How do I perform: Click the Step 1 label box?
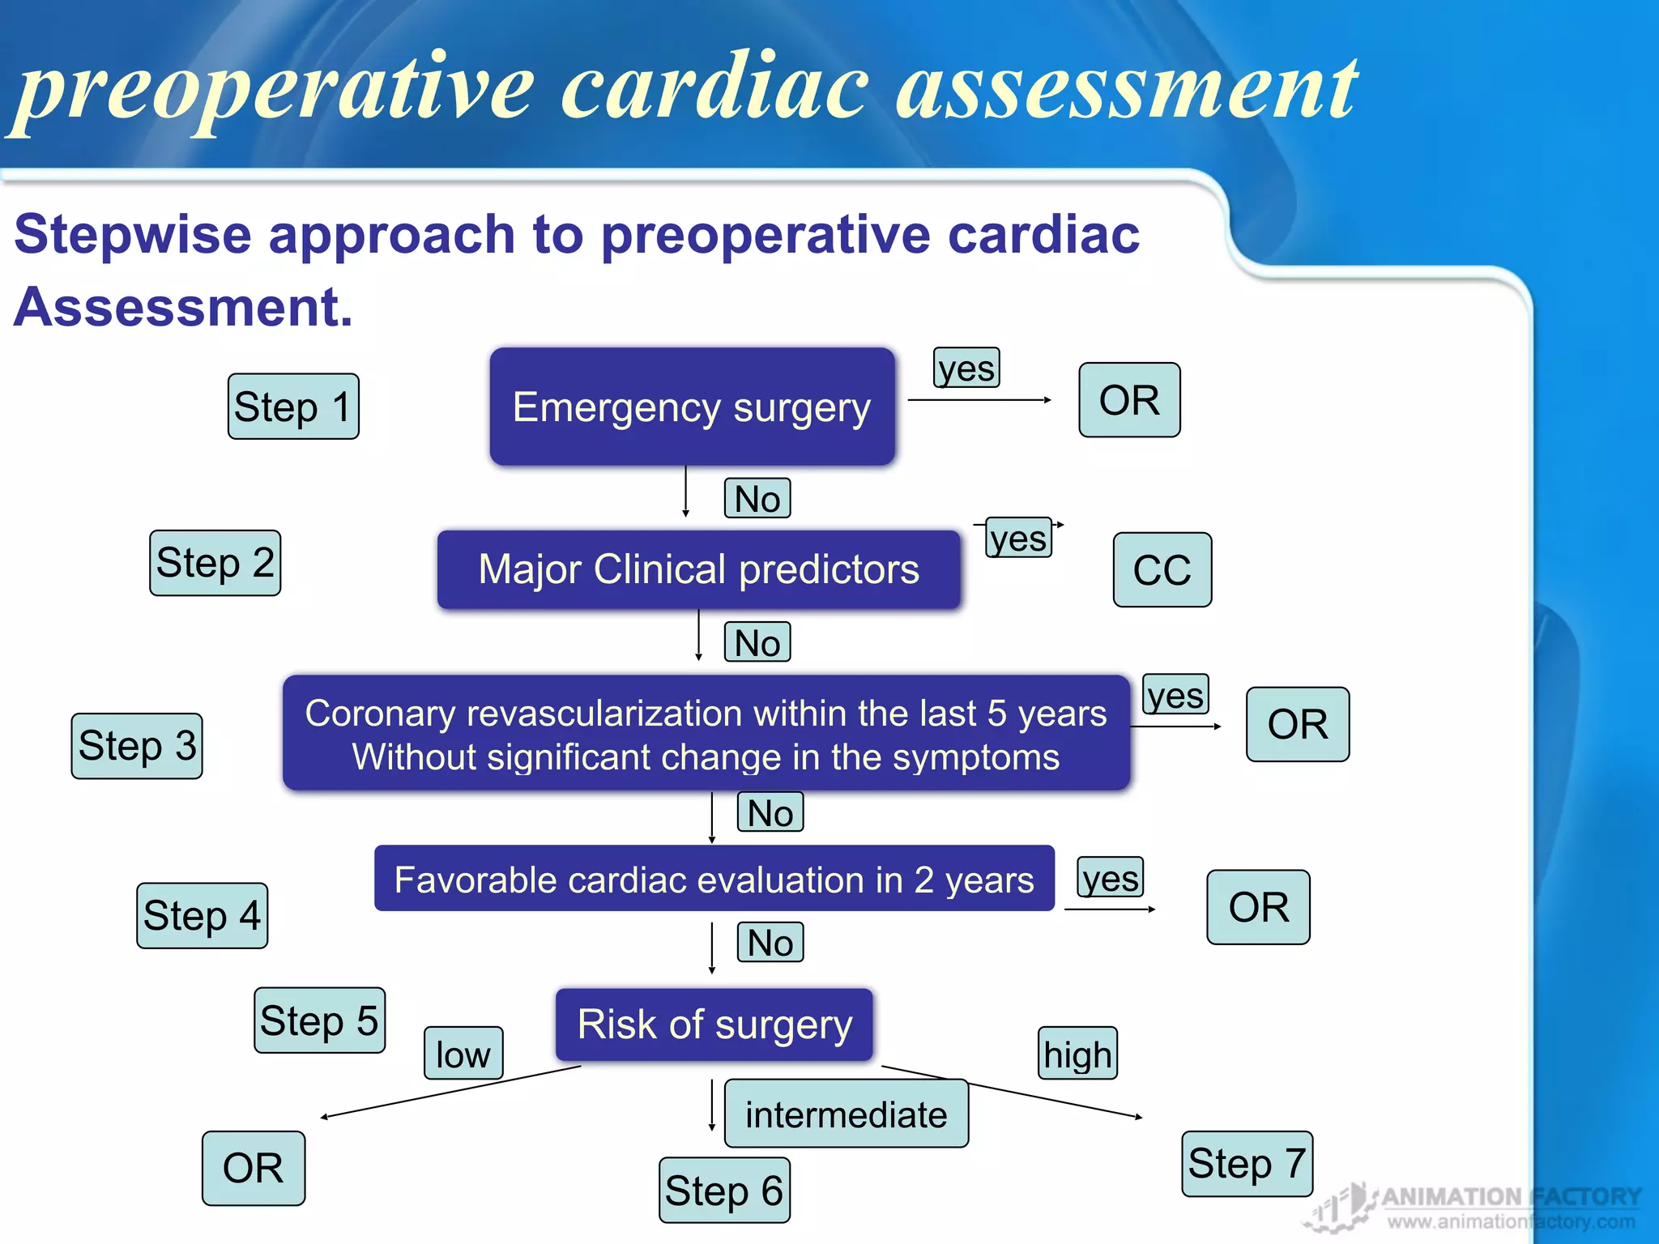click(293, 407)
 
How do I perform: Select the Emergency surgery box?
click(692, 407)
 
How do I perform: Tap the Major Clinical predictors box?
click(698, 569)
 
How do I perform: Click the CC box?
click(1162, 570)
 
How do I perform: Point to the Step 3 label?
click(137, 746)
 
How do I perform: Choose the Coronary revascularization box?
click(706, 734)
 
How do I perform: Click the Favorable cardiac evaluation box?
click(714, 880)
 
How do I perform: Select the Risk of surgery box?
click(714, 1025)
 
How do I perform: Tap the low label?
click(463, 1054)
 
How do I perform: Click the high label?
click(1077, 1054)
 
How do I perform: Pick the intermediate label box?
click(846, 1114)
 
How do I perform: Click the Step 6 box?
click(724, 1191)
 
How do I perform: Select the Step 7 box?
click(1247, 1164)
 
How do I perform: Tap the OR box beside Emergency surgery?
click(1129, 400)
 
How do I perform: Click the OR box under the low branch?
click(254, 1169)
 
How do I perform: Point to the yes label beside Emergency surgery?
click(966, 369)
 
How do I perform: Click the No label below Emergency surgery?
click(757, 499)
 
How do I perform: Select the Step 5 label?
click(319, 1020)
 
